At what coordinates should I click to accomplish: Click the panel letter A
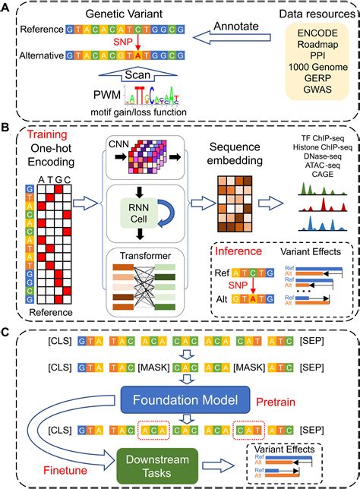[x=8, y=8]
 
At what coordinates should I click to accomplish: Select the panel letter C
[x=8, y=332]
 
